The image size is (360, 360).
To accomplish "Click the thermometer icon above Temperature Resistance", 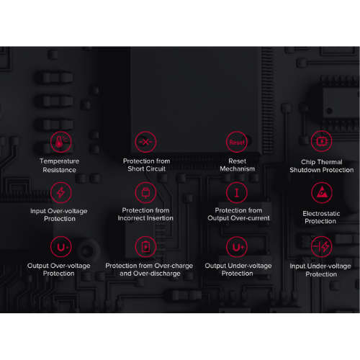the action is coord(60,142).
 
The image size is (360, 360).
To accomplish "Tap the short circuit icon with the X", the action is coord(145,142).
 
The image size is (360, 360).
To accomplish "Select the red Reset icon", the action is coord(237,142).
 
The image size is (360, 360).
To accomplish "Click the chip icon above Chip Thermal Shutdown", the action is coord(321,141).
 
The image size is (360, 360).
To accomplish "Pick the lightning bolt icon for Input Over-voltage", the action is coord(60,192).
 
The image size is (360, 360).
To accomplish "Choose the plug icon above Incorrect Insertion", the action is coord(145,192).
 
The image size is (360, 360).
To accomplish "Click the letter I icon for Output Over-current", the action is coord(237,192).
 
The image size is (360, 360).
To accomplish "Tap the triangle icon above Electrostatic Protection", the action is coord(322,192).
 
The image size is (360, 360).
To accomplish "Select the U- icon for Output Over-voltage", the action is coord(60,247).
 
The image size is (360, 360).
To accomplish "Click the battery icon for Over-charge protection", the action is coord(145,247).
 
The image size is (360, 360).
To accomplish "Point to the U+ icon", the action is coord(237,247).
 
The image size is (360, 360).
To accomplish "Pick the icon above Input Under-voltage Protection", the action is coord(321,246).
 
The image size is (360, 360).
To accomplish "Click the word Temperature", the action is coord(59,161).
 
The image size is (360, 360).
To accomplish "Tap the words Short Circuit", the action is coord(146,168).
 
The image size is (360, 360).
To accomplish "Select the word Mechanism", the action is coord(237,168).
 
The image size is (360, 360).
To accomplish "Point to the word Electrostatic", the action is coord(321,214).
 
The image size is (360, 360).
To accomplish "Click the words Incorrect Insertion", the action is coord(145,218).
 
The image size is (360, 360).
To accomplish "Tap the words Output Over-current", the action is coord(238,218).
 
